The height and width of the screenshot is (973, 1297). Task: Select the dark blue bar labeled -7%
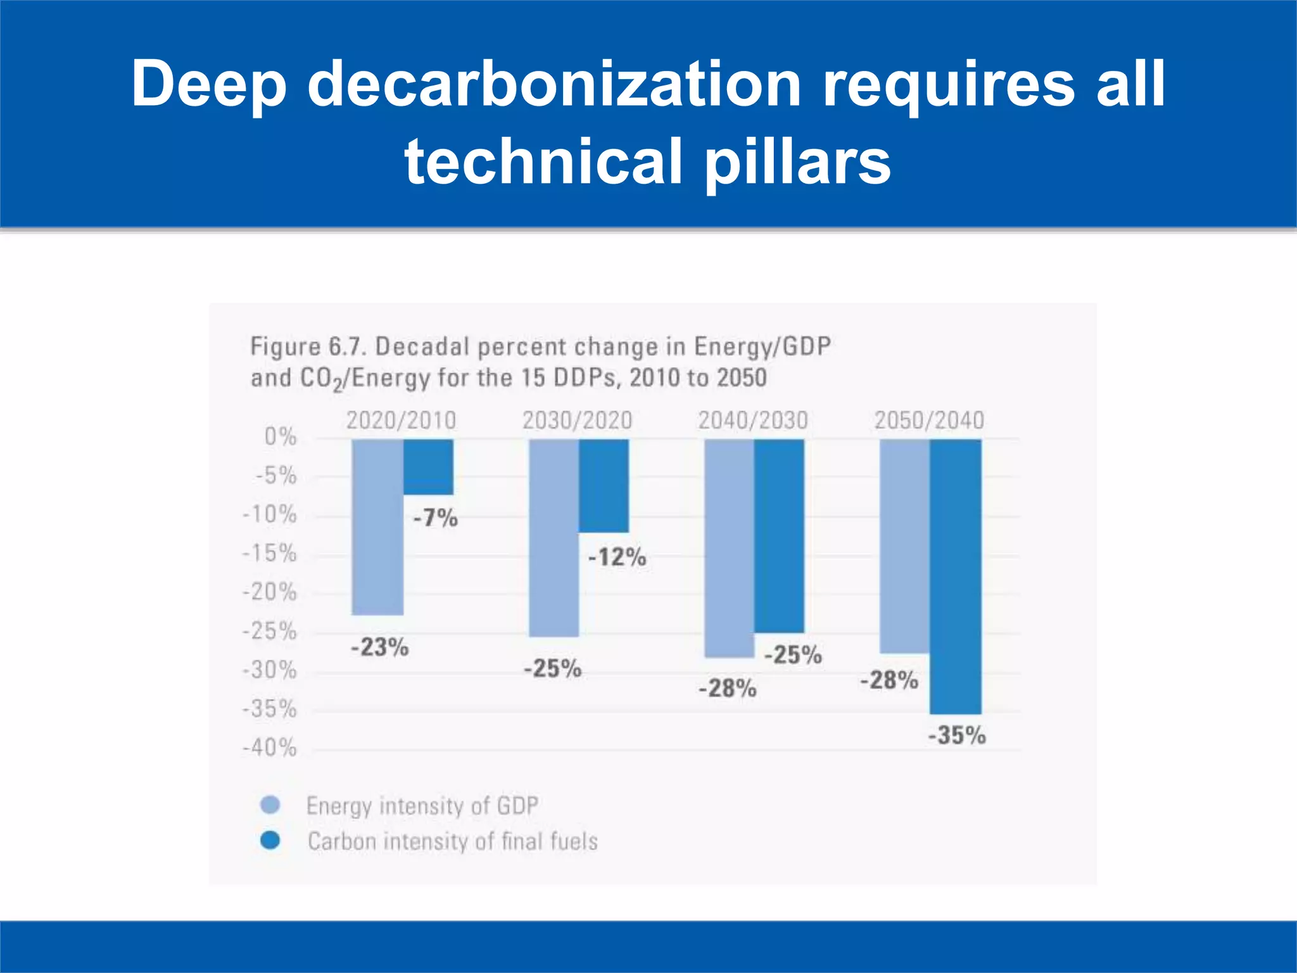pyautogui.click(x=428, y=467)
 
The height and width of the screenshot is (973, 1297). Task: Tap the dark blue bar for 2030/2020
pyautogui.click(x=604, y=486)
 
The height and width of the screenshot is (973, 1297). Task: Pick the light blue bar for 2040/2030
pyautogui.click(x=729, y=549)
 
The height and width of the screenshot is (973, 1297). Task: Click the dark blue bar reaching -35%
pyautogui.click(x=955, y=576)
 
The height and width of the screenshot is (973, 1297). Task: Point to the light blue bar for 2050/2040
pyautogui.click(x=904, y=546)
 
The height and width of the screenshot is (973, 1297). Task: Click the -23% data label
pyautogui.click(x=380, y=647)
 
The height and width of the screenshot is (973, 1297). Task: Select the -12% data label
pyautogui.click(x=617, y=557)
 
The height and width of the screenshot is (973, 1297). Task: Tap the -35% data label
pyautogui.click(x=957, y=735)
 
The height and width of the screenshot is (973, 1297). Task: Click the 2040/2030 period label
pyautogui.click(x=753, y=421)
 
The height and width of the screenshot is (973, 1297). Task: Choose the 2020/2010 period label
pyautogui.click(x=401, y=421)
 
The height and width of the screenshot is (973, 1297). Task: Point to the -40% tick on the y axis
pyautogui.click(x=270, y=748)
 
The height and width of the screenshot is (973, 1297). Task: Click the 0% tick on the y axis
pyautogui.click(x=280, y=436)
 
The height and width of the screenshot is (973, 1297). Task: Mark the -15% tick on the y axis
pyautogui.click(x=270, y=554)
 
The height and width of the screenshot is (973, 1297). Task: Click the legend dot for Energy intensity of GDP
pyautogui.click(x=270, y=805)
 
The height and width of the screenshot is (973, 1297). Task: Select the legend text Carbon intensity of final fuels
pyautogui.click(x=452, y=841)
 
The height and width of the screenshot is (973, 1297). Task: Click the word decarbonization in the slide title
pyautogui.click(x=554, y=84)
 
